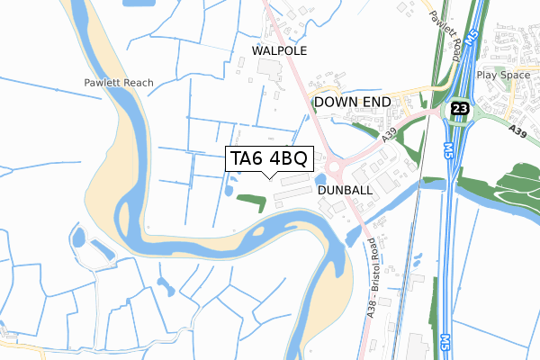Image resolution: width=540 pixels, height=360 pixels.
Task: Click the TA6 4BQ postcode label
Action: [269, 159]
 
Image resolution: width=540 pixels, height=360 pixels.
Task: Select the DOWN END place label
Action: [352, 103]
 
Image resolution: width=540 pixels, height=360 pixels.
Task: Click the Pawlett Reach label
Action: [114, 83]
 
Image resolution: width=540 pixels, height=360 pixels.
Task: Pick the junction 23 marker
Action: [460, 106]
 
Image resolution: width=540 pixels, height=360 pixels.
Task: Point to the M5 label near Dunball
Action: [448, 149]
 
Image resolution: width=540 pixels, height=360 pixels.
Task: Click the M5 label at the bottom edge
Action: [445, 343]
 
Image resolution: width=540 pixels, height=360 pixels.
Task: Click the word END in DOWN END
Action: [376, 103]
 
